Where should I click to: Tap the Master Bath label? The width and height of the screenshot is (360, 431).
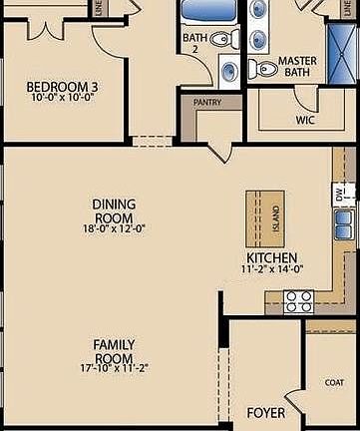coord(297,67)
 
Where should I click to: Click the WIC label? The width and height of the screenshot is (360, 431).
coord(305,120)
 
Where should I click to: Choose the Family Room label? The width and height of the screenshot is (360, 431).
coord(114,351)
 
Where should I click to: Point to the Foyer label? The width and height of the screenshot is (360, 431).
coord(266,412)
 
